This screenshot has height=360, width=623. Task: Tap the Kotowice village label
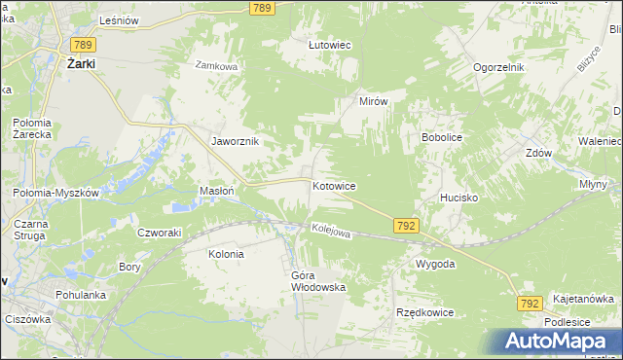[334, 185]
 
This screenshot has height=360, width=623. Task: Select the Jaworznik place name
[236, 140]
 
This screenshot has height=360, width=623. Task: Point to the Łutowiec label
[329, 45]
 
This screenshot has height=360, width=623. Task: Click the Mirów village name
[374, 101]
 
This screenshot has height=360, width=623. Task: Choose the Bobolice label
[441, 138]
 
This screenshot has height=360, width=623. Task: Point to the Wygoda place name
[435, 264]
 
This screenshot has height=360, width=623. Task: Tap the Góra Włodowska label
[318, 281]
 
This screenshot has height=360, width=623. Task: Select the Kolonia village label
[226, 253]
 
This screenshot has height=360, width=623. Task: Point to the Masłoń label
[216, 191]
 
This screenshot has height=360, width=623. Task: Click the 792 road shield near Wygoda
[407, 226]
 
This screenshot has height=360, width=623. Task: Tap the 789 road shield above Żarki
[82, 44]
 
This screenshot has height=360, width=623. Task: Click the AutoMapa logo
[562, 341]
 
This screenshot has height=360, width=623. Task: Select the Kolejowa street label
[331, 232]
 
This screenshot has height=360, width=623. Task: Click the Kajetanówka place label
[583, 299]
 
